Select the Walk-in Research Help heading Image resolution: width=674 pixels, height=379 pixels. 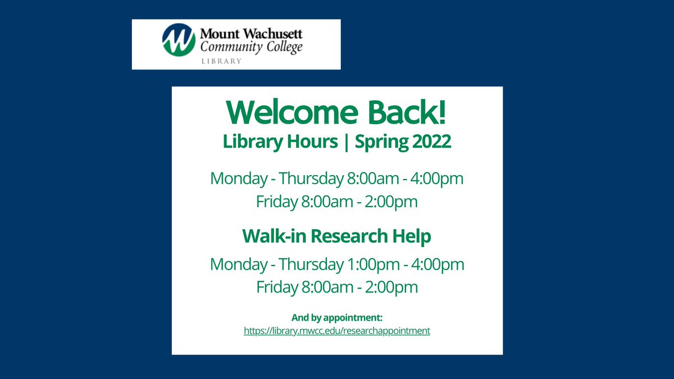[x=337, y=236]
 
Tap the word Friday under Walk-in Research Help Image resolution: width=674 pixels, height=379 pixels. [x=275, y=287]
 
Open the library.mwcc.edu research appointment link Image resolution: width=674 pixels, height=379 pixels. [x=337, y=331]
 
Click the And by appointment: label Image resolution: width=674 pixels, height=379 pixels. [x=337, y=318]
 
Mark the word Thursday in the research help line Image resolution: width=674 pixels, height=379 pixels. [x=310, y=264]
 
